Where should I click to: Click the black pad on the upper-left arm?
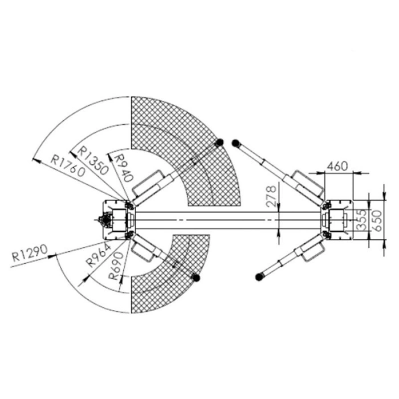pyautogui.click(x=219, y=141)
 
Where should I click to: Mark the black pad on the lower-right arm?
pyautogui.click(x=259, y=277)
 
